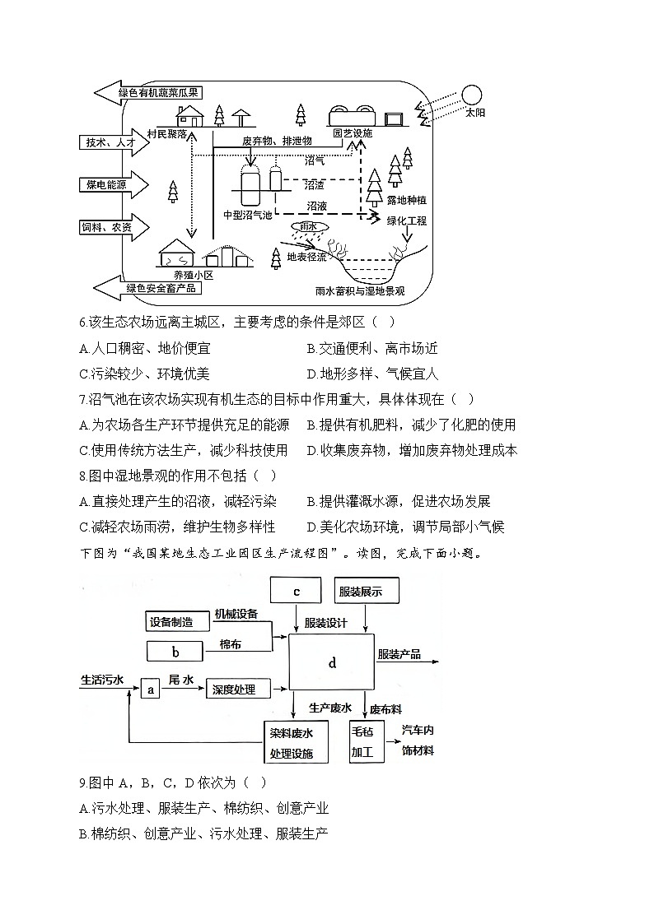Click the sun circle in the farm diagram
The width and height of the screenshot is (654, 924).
click(x=472, y=95)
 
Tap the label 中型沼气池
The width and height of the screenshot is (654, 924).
click(x=248, y=215)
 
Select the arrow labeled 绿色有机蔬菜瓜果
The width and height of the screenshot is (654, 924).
click(x=148, y=92)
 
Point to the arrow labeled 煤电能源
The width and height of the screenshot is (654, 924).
click(x=114, y=185)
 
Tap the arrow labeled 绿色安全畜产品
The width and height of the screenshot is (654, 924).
click(x=148, y=288)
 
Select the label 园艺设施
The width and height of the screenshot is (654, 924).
click(x=353, y=133)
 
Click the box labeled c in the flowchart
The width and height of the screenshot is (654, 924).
click(x=296, y=591)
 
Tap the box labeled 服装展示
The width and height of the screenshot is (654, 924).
click(x=367, y=591)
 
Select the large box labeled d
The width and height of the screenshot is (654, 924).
click(x=331, y=662)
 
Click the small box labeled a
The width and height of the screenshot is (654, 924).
click(x=151, y=689)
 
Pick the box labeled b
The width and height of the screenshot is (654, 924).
click(x=175, y=652)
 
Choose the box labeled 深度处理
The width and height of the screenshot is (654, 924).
click(x=238, y=689)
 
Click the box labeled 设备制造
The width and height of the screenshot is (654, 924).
click(x=178, y=621)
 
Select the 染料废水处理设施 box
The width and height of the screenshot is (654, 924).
click(x=296, y=742)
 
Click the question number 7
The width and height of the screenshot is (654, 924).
click(x=83, y=400)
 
